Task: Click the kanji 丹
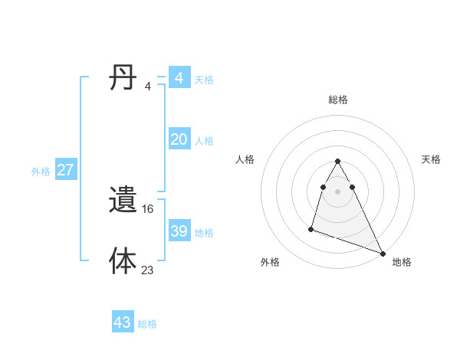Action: pos(123,77)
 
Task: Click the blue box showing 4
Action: pos(179,78)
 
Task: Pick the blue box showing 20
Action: pos(179,139)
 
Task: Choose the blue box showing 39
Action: pos(179,231)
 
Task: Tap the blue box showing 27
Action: pos(65,170)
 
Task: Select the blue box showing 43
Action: pos(123,322)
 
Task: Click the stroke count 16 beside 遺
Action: pos(148,208)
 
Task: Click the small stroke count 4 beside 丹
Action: pos(148,86)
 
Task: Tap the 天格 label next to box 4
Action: pos(204,80)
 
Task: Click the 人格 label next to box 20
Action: pos(204,141)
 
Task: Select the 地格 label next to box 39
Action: pos(204,233)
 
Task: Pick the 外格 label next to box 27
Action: pos(41,172)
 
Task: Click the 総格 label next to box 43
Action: pos(147,324)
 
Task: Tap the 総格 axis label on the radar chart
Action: pos(338,100)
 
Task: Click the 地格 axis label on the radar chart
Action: pos(402,262)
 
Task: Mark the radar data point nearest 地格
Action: pos(383,253)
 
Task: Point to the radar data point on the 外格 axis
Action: pos(311,228)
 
